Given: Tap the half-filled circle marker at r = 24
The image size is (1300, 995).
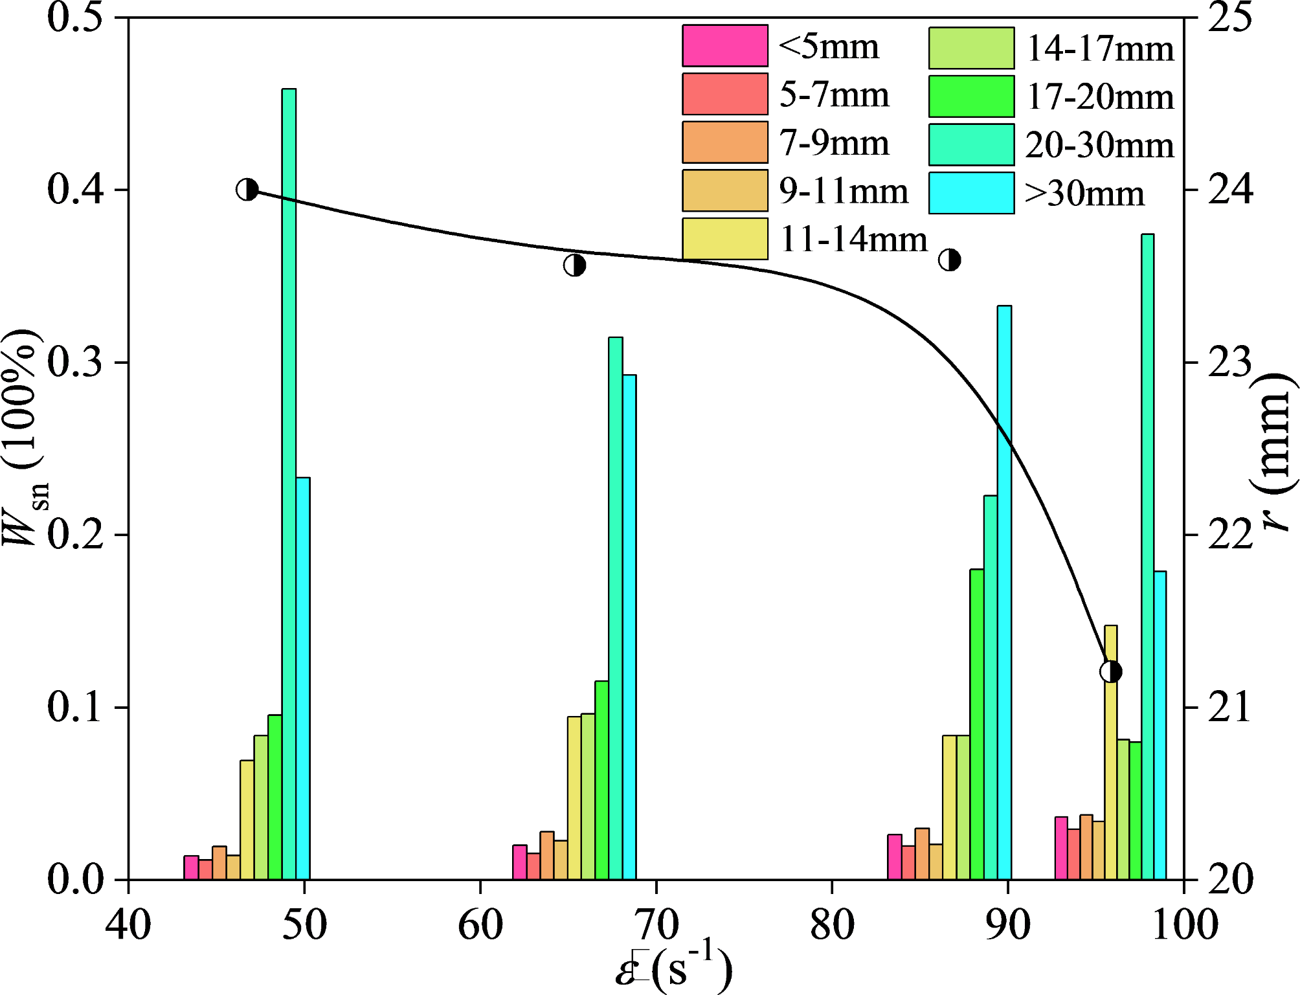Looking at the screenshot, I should tap(247, 190).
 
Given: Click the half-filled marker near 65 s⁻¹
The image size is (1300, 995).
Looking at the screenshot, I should tap(574, 265).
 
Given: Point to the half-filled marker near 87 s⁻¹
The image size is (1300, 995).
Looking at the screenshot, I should tap(950, 260).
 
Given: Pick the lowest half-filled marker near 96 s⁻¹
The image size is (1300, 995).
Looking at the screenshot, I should tap(1111, 672).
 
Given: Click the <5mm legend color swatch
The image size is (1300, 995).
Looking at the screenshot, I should tap(725, 46).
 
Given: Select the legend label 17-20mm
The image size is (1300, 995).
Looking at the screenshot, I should tap(1100, 97).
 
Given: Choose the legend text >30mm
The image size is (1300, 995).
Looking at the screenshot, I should tap(1084, 194).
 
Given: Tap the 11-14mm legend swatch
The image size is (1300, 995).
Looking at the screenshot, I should tap(725, 239).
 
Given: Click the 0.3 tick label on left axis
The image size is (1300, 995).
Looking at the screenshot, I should tap(75, 363).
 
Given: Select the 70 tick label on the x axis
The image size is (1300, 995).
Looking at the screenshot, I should tap(656, 924).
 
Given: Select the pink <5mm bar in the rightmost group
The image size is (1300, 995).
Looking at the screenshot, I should tap(1061, 848).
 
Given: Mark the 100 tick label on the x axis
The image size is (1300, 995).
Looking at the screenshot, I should tap(1184, 924).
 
